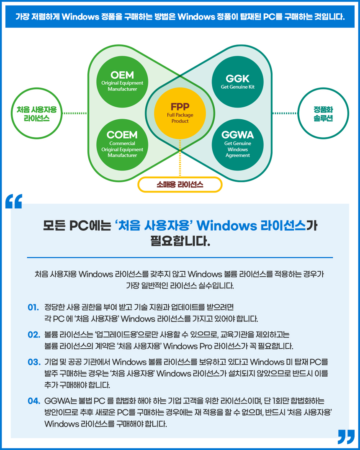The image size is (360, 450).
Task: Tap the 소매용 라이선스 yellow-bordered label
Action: (180, 184)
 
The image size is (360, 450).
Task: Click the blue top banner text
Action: (180, 17)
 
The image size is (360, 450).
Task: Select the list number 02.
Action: (33, 335)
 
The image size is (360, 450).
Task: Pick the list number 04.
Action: (33, 401)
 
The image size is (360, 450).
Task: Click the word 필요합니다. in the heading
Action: (180, 242)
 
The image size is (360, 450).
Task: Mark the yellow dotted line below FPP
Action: (180, 159)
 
